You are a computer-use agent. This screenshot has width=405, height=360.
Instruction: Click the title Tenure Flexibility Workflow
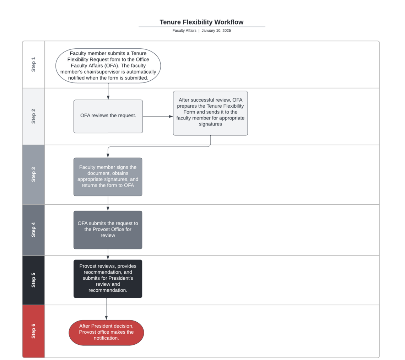point(201,22)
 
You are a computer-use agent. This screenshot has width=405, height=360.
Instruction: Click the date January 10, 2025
point(216,31)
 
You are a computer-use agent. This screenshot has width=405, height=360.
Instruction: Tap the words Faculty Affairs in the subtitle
point(184,31)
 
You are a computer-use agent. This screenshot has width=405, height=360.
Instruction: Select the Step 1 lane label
point(33,64)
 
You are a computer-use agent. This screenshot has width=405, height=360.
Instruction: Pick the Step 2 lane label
point(33,116)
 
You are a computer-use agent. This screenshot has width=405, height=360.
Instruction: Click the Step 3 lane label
point(33,174)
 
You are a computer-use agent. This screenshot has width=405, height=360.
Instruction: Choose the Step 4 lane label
point(33,230)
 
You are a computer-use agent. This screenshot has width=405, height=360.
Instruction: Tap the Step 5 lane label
point(33,280)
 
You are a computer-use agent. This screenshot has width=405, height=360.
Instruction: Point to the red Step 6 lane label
point(33,331)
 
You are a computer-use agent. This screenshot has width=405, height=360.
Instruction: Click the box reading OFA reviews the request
point(108,116)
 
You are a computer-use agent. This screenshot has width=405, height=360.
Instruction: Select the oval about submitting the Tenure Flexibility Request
point(108,66)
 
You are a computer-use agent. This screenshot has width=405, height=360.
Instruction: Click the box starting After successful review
point(210,113)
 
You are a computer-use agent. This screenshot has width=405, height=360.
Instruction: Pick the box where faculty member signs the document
point(108,177)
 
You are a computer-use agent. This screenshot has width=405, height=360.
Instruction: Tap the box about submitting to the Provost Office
point(108,230)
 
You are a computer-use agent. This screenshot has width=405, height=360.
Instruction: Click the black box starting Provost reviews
point(108,279)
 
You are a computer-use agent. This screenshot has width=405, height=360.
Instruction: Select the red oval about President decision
point(106,332)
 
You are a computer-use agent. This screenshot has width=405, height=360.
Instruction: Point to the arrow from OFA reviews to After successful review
point(158,116)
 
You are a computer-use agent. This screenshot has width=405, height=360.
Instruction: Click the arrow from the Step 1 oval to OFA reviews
point(108,91)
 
